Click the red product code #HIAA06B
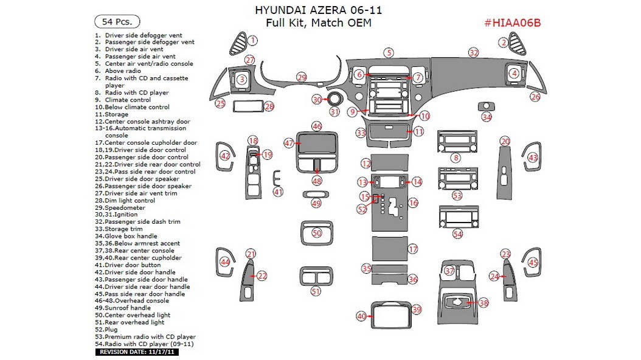click(x=512, y=23)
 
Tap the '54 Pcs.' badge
click(x=117, y=21)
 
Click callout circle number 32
click(x=474, y=53)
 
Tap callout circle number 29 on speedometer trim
click(x=302, y=77)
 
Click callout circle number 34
click(x=487, y=117)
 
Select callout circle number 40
click(x=362, y=316)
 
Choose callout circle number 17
click(x=413, y=249)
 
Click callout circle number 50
click(x=316, y=233)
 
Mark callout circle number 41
click(x=278, y=192)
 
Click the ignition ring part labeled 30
click(x=334, y=100)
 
